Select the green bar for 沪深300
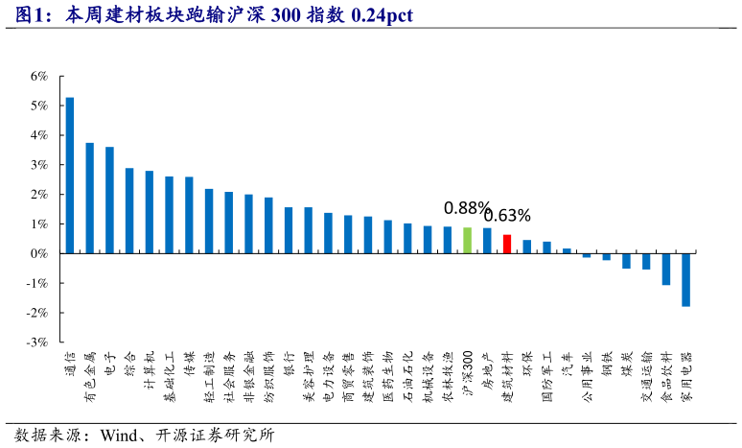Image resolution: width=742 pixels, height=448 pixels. tap(467, 241)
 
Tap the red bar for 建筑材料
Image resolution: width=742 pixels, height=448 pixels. tap(507, 245)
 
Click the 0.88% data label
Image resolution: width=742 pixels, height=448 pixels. tap(467, 207)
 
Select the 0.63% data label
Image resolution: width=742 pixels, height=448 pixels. tap(507, 215)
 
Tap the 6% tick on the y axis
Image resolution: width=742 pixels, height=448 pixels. tap(39, 76)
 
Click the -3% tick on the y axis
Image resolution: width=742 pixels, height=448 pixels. tap(37, 342)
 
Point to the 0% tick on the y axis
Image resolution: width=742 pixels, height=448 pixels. tap(39, 253)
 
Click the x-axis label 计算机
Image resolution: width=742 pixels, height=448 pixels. tap(150, 370)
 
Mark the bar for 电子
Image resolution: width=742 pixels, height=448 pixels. tap(109, 200)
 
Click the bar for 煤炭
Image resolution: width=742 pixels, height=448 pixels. tap(626, 261)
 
